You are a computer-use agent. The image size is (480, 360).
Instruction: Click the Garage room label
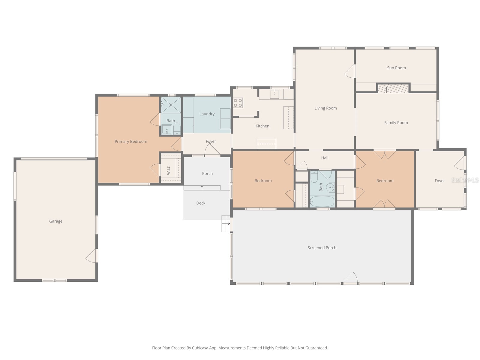[56, 221]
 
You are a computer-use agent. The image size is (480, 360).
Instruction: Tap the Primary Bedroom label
[131, 141]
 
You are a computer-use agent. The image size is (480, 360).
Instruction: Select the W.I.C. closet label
[169, 170]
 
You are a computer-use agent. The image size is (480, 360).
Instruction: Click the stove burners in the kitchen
[238, 103]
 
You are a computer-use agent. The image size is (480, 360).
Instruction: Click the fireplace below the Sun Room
[393, 89]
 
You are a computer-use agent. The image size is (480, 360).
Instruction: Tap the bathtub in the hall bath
[322, 201]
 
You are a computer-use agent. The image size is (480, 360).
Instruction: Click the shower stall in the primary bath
[171, 105]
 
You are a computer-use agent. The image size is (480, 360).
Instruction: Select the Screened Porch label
[322, 247]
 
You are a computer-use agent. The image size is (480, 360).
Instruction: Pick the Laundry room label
[207, 114]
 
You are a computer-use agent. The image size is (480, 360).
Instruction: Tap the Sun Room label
[396, 68]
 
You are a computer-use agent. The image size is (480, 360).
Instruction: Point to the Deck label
[201, 203]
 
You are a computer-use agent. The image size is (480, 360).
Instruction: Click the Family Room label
[396, 122]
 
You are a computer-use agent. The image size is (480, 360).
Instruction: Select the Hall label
[325, 158]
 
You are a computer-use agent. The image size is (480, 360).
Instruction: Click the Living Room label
[325, 108]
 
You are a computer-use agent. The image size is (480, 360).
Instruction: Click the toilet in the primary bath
[177, 129]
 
